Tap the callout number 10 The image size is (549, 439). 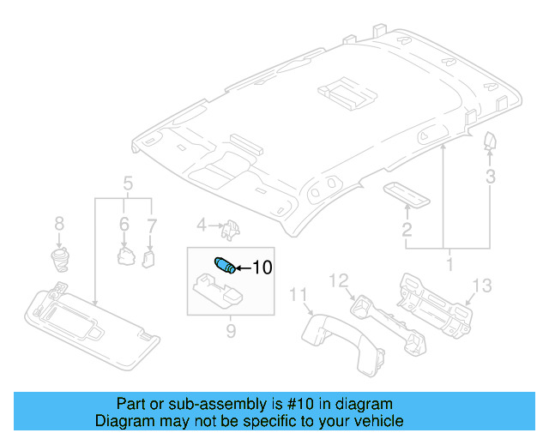point(261,268)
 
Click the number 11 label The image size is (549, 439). point(298,296)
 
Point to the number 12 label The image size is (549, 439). point(340,280)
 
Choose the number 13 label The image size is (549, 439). point(482,286)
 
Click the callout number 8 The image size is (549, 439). point(59,224)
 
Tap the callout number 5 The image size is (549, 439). point(127,183)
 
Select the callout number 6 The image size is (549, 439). point(124,224)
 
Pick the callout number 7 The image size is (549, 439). point(152,224)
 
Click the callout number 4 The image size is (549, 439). point(202,226)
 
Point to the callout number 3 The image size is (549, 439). point(490,177)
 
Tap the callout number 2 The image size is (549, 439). point(407,229)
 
